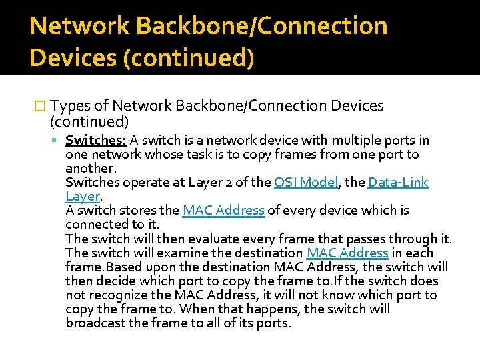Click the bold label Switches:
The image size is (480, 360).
95,141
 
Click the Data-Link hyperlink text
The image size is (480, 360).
398,183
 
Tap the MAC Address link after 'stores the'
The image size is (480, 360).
224,211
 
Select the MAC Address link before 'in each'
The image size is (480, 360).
347,253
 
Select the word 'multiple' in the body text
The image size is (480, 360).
361,141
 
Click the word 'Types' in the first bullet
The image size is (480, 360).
71,106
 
